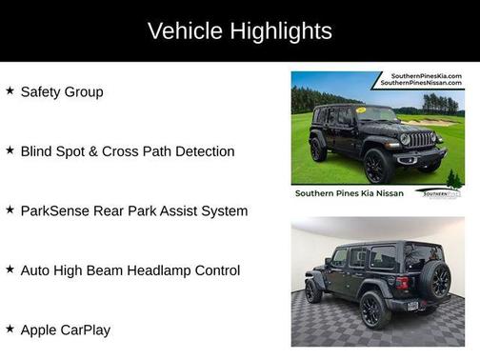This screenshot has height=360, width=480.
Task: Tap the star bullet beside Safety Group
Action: pos(10,91)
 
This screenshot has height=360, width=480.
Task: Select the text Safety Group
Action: pos(62,92)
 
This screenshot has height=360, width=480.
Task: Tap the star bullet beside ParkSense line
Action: pos(10,210)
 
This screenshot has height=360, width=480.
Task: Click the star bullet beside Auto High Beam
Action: pos(10,270)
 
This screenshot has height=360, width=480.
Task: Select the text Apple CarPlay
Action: pos(65,330)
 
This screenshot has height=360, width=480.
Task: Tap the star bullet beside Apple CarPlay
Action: pos(10,330)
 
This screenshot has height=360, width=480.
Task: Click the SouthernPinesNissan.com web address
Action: pos(421,84)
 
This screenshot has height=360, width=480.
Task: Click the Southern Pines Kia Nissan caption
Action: pos(350,192)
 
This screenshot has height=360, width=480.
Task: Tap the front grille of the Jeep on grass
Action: pos(419,139)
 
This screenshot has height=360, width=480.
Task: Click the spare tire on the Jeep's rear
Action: pos(437,279)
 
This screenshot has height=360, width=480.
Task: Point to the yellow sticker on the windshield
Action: pos(362,110)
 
